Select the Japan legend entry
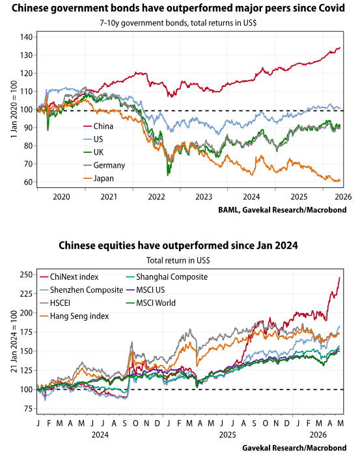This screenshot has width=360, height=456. point(98,178)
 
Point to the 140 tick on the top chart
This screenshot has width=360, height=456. point(26,37)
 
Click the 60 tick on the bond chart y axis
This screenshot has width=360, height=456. point(28,182)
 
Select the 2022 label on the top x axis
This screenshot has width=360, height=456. point(156,197)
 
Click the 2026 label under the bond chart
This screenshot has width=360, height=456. point(344,197)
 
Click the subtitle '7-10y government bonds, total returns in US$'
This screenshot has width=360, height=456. point(178,23)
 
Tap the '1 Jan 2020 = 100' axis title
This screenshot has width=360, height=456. point(14,109)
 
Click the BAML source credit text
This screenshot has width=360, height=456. point(283,209)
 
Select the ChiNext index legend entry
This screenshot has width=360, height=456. point(69,277)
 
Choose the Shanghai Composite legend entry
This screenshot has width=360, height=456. point(167,277)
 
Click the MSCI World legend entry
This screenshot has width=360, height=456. point(151,303)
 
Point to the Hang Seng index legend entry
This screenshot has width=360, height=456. point(74,316)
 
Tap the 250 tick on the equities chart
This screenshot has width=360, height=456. point(26,275)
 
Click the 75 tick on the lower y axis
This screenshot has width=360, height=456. point(28,409)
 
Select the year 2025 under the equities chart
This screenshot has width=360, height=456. point(227,435)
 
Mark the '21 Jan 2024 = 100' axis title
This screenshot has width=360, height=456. point(14,341)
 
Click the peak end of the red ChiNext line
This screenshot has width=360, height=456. point(340,278)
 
